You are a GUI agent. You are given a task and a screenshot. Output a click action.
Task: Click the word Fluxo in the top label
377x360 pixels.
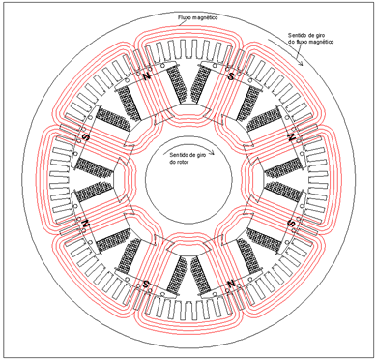tap(184, 17)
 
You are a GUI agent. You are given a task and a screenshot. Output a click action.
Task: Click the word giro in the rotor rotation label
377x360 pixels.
tap(200, 154)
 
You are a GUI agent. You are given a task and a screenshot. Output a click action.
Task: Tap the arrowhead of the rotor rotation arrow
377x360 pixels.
tap(212, 154)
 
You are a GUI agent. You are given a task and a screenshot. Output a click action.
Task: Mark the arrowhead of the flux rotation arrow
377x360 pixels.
tap(302, 63)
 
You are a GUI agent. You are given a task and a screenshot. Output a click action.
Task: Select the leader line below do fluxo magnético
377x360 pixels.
tap(299, 50)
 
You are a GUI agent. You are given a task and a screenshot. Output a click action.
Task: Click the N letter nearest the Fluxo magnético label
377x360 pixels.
tap(147, 76)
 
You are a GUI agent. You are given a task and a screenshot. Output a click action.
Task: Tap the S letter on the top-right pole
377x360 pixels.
tap(231, 76)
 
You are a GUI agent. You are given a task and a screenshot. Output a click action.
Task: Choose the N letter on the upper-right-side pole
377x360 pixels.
tap(291, 137)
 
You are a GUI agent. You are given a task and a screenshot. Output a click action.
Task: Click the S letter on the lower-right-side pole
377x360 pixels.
tap(291, 223)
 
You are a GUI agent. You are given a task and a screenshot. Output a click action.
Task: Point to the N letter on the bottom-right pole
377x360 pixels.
tap(231, 284)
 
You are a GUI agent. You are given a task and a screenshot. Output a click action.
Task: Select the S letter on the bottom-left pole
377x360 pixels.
tap(146, 284)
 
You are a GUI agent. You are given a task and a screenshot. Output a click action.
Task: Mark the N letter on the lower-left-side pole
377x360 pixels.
tap(86, 223)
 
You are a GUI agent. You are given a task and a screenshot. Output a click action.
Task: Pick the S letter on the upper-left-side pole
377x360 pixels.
tap(86, 137)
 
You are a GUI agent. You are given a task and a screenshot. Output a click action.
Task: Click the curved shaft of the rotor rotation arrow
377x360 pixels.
tap(187, 150)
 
